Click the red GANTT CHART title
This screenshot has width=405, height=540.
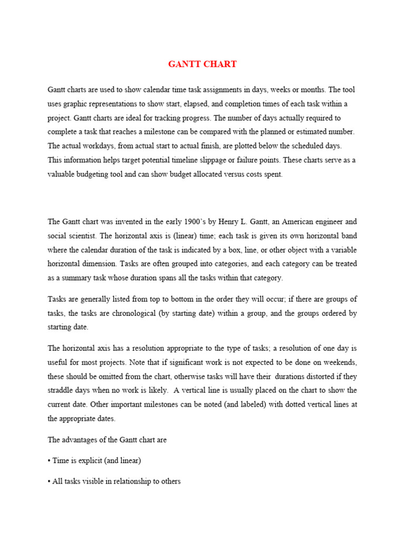coord(202,64)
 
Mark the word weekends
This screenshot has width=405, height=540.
coord(336,362)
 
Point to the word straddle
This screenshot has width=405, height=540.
coord(62,391)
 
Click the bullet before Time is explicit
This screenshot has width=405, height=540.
coord(49,461)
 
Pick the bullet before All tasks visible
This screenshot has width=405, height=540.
coord(49,482)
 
